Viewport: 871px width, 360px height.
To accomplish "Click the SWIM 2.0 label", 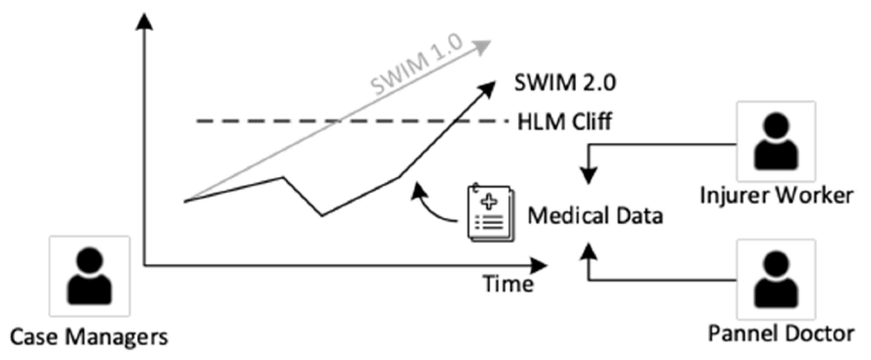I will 565,82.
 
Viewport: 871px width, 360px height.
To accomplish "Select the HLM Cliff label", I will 565,121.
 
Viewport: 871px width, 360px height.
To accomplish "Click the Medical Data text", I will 595,215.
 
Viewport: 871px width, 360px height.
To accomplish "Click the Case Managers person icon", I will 90,276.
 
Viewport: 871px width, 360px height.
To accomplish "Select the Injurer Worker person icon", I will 776,141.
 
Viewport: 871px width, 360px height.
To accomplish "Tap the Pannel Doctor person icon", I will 776,279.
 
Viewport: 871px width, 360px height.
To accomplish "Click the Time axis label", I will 509,284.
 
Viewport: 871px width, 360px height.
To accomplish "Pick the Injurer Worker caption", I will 776,195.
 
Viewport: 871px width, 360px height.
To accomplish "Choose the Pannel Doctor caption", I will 781,333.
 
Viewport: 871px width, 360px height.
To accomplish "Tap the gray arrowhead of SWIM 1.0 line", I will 483,47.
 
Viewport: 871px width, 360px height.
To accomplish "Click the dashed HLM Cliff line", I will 348,121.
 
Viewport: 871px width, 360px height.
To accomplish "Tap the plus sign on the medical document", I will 490,202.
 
